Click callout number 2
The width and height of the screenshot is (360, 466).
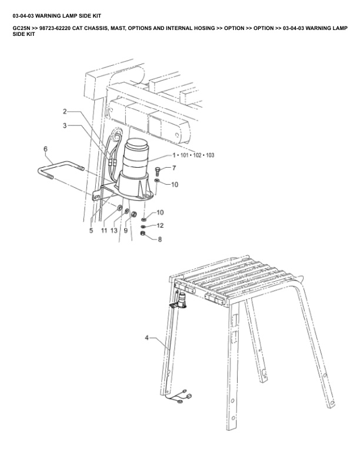[x=65, y=111]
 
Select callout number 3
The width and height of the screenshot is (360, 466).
[x=65, y=125]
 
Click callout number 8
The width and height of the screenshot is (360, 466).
[x=159, y=239]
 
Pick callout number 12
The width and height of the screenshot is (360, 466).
[x=160, y=225]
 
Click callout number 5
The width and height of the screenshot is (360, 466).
[x=91, y=231]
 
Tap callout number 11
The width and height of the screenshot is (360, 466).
[x=104, y=231]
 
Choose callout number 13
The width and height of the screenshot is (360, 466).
[x=114, y=231]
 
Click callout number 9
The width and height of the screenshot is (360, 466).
[x=125, y=231]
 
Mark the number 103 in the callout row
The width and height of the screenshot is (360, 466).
[x=209, y=155]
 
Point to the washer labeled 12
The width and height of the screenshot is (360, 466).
[x=144, y=226]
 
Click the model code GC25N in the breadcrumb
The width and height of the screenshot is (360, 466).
[x=21, y=28]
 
